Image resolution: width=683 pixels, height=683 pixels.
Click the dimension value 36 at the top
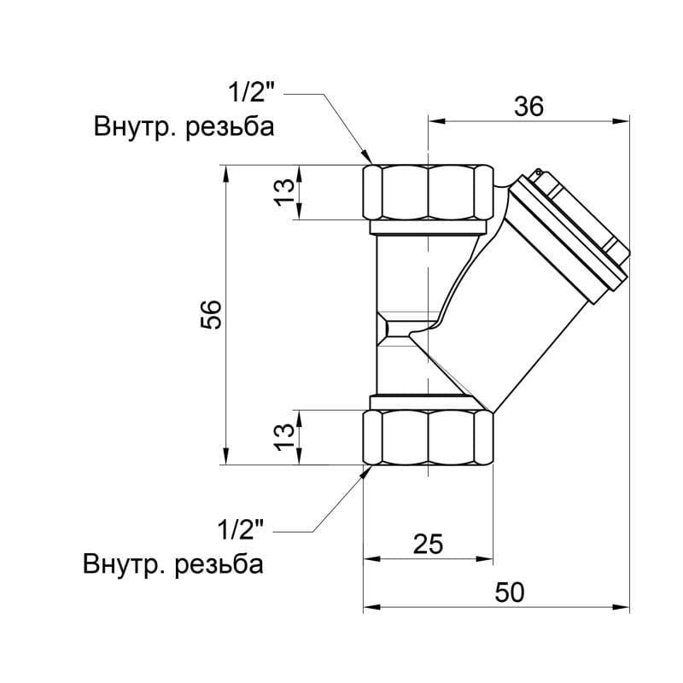click(x=528, y=105)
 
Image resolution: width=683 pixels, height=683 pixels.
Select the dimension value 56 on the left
click(x=213, y=315)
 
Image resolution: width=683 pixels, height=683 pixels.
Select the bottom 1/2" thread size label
click(x=244, y=531)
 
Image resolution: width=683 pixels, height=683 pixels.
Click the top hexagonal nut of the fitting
click(x=429, y=192)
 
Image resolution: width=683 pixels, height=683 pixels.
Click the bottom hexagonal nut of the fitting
click(x=429, y=437)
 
